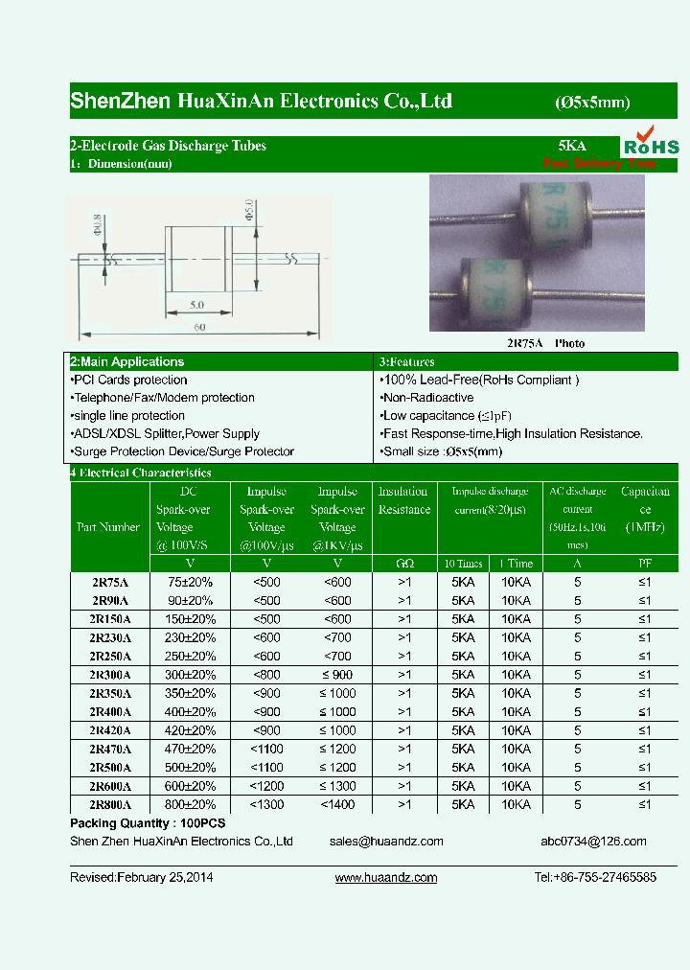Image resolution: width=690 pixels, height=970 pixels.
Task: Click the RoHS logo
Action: point(651,141)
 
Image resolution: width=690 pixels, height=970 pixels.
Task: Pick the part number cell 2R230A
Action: point(109,637)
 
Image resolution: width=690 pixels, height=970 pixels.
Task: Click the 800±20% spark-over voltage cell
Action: point(192,805)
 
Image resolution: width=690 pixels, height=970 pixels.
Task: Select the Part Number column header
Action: point(108,527)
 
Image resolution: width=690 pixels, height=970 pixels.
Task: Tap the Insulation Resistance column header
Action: point(404,500)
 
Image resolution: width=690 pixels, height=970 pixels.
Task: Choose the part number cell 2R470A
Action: point(109,749)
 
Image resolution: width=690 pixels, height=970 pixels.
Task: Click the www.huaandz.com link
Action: point(386,878)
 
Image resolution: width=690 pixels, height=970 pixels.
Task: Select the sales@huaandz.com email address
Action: point(386,842)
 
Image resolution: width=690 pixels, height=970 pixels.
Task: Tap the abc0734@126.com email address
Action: point(593,842)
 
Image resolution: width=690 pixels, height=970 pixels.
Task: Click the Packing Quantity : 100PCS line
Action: point(149,824)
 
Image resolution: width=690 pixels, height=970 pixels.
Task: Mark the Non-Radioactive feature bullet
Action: point(427,398)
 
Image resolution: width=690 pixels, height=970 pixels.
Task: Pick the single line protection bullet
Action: point(127,416)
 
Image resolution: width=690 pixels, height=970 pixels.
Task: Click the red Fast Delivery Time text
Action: point(600,164)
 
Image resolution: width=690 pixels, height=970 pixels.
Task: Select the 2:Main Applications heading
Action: point(126,362)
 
